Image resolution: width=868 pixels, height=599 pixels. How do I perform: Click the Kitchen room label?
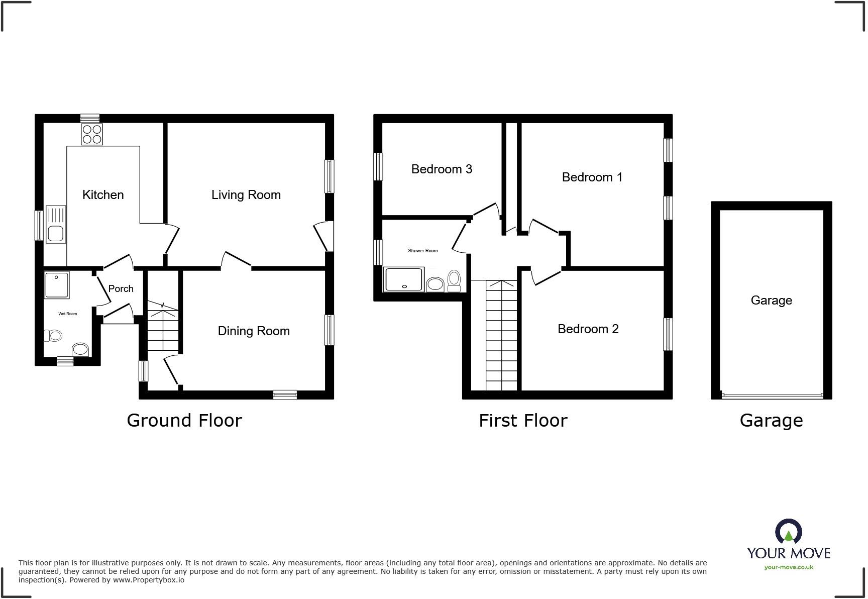pyautogui.click(x=103, y=195)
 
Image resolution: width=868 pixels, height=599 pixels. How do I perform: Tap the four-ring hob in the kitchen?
pyautogui.click(x=92, y=134)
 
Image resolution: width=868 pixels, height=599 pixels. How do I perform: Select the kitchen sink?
pyautogui.click(x=56, y=225)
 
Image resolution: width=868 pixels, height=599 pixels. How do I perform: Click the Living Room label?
pyautogui.click(x=246, y=195)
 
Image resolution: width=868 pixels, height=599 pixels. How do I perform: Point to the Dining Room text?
pyautogui.click(x=254, y=331)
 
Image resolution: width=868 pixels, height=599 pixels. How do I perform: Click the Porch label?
pyautogui.click(x=121, y=289)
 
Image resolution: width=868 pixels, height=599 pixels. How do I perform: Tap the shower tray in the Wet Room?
pyautogui.click(x=57, y=285)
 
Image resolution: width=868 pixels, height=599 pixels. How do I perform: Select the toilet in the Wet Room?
pyautogui.click(x=53, y=335)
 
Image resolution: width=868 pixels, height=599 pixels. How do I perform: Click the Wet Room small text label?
pyautogui.click(x=68, y=314)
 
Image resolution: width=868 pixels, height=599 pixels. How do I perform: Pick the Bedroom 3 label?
pyautogui.click(x=442, y=169)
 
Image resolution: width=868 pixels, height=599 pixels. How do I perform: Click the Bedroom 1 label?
pyautogui.click(x=592, y=177)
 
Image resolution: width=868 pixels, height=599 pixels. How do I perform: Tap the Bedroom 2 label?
pyautogui.click(x=588, y=329)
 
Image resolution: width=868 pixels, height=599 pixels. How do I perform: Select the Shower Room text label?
pyautogui.click(x=422, y=251)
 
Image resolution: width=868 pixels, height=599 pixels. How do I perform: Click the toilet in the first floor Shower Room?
pyautogui.click(x=454, y=280)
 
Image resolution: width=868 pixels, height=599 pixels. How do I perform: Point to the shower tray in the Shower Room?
pyautogui.click(x=404, y=279)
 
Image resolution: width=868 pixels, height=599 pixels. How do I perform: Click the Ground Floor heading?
pyautogui.click(x=184, y=421)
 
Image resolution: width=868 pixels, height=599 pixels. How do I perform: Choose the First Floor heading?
pyautogui.click(x=523, y=421)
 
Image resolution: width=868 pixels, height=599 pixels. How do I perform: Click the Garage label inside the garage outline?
pyautogui.click(x=771, y=301)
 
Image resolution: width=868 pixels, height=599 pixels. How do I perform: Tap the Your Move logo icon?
pyautogui.click(x=789, y=532)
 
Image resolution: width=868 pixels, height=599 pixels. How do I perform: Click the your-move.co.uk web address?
pyautogui.click(x=789, y=567)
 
